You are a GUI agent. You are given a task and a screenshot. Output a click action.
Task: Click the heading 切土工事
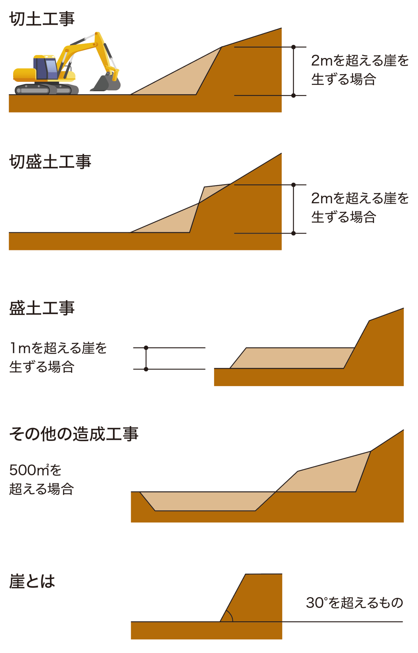point(42,19)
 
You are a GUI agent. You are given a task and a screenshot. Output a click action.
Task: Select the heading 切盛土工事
point(50,162)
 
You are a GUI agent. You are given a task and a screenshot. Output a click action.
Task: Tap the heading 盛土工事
point(42,308)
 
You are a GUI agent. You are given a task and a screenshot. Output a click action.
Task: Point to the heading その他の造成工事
point(74,434)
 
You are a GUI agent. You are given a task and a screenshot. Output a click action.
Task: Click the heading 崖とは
point(32,581)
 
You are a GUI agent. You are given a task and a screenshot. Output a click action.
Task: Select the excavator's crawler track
point(46,89)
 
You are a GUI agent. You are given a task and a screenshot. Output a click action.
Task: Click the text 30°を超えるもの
point(354,603)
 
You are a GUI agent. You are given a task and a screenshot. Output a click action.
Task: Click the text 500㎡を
point(35,470)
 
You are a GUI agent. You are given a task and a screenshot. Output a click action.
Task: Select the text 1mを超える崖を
point(58,348)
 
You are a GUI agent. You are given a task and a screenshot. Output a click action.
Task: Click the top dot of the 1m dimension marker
point(146,348)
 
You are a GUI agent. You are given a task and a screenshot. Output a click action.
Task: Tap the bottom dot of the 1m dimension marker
point(146,369)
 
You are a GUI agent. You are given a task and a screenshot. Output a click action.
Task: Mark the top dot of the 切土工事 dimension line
point(293,47)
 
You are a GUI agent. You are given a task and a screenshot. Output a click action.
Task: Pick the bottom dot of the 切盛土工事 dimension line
point(293,233)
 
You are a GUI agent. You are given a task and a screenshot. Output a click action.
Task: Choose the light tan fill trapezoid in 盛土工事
point(293,358)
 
